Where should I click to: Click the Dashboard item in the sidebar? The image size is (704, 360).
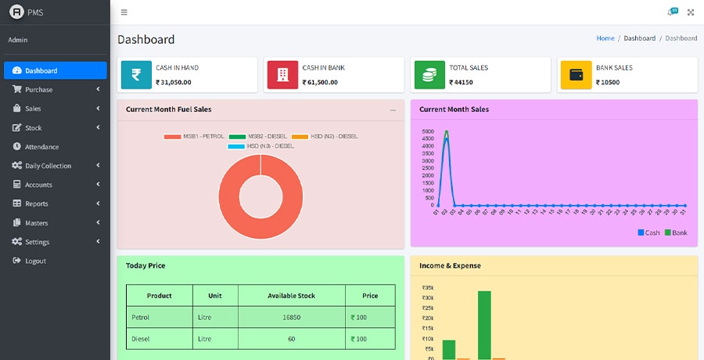(x=55, y=70)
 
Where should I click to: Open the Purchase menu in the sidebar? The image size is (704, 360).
(x=55, y=89)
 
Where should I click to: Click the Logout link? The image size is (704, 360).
(x=35, y=261)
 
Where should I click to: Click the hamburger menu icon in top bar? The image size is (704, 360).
(x=124, y=13)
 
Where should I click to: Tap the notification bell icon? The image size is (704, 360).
(x=670, y=13)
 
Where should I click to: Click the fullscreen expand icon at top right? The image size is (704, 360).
(x=691, y=13)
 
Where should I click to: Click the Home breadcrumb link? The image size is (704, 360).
(x=605, y=38)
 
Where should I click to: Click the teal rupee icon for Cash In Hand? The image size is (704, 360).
(x=136, y=75)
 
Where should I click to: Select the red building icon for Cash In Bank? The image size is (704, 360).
(x=283, y=75)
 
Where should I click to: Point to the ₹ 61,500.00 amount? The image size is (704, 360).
(x=320, y=82)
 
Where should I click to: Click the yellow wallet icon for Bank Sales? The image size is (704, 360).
(x=576, y=75)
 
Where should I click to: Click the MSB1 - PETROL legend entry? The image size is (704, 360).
(x=194, y=137)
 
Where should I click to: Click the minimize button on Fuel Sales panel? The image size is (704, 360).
(x=393, y=110)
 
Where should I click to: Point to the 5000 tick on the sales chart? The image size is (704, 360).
(x=427, y=131)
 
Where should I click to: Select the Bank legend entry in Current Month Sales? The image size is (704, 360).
(x=676, y=232)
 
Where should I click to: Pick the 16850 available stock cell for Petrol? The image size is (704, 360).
(x=291, y=317)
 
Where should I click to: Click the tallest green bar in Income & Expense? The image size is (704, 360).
(x=484, y=325)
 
